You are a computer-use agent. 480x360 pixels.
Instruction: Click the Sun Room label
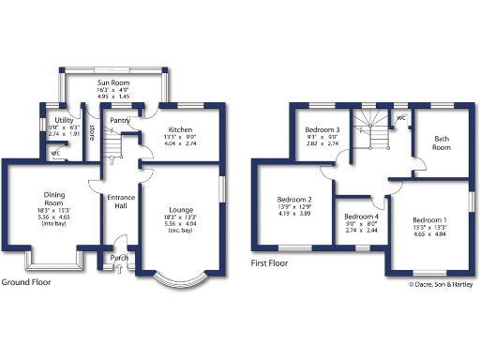pyautogui.click(x=114, y=82)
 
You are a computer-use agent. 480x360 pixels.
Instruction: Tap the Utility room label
pyautogui.click(x=64, y=121)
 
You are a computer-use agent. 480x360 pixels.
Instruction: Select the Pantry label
pyautogui.click(x=119, y=120)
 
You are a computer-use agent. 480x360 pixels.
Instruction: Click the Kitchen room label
pyautogui.click(x=180, y=129)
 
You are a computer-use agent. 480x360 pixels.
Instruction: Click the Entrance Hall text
pyautogui.click(x=121, y=202)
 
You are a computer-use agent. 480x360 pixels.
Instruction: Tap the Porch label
pyautogui.click(x=120, y=257)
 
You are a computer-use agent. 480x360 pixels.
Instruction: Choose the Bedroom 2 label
pyautogui.click(x=294, y=200)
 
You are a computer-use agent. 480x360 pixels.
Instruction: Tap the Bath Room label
pyautogui.click(x=441, y=142)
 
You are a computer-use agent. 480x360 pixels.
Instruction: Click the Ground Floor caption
pyautogui.click(x=26, y=281)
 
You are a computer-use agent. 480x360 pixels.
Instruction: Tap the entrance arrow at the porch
pyautogui.click(x=119, y=269)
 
